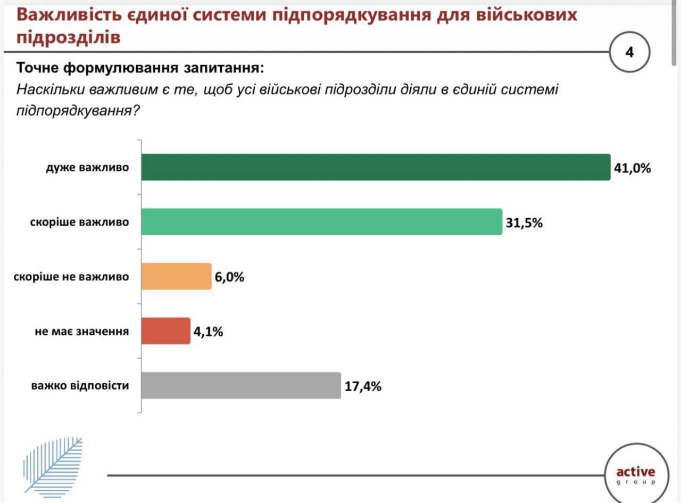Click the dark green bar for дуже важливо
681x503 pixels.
376,167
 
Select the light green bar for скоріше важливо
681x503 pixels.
322,221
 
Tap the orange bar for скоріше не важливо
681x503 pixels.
177,276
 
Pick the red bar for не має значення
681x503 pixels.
166,331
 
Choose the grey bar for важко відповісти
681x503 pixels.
241,385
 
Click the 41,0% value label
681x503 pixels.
632,168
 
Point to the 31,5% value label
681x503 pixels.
524,222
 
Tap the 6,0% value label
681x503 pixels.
230,277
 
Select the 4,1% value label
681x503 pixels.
208,331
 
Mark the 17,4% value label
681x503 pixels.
363,386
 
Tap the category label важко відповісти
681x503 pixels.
80,385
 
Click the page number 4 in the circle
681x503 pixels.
630,53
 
